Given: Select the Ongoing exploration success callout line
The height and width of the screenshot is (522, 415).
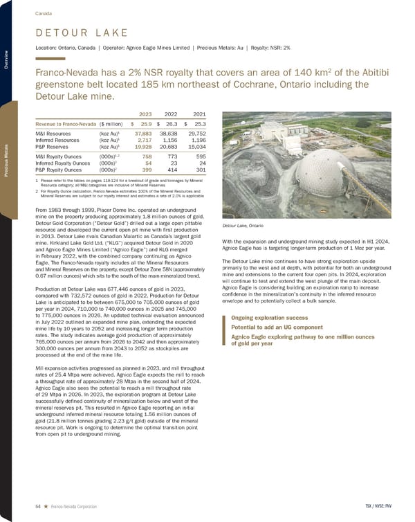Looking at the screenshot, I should pyautogui.click(x=263, y=318).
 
